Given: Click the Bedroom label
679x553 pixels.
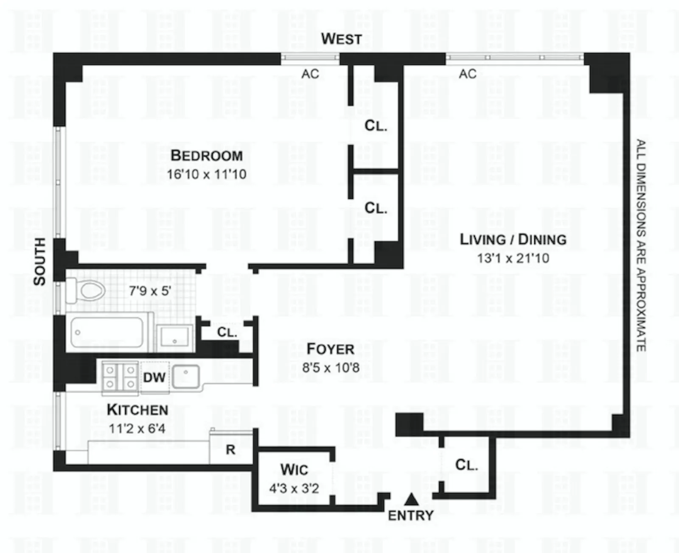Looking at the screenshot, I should [207, 156].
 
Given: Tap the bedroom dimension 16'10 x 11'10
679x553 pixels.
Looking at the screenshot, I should [207, 174].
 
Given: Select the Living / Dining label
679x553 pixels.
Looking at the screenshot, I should [513, 240].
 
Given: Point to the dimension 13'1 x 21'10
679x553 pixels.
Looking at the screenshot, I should [513, 258].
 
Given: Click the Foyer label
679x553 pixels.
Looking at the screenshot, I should [330, 349].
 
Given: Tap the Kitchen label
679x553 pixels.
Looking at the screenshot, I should [137, 410].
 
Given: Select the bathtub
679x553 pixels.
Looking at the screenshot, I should [107, 333].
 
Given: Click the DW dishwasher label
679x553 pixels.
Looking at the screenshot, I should [154, 377].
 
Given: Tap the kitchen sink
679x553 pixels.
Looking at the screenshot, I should [186, 376].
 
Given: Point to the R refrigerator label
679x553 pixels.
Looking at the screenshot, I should [230, 450].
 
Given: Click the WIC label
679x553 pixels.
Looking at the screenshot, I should [294, 470].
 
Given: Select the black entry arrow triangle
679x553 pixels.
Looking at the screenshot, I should [411, 500].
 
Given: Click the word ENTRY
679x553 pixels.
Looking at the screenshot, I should [411, 516].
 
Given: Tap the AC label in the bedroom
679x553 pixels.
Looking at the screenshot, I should [310, 74].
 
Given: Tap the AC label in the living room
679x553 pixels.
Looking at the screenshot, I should [468, 74].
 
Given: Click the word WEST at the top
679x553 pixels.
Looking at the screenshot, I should [341, 39].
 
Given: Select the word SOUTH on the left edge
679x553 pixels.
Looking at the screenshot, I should [39, 261].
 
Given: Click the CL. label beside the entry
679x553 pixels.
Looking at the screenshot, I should [466, 465].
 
